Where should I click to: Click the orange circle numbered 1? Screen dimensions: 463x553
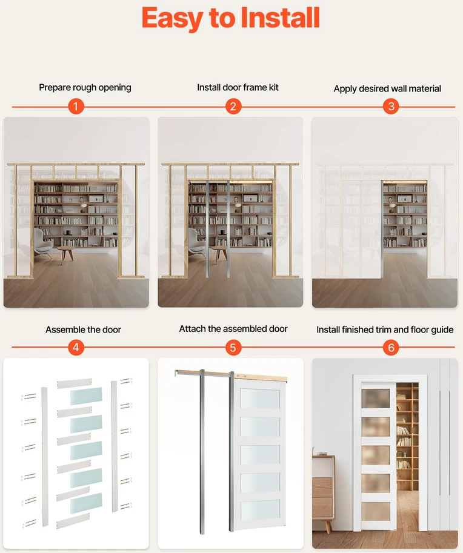coord(76,106)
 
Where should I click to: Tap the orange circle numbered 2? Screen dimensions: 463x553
coord(233,106)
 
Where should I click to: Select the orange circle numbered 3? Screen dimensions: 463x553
coord(391,106)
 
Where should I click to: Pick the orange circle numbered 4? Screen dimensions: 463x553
coord(76,348)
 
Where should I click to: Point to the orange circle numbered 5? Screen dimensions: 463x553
coord(233,348)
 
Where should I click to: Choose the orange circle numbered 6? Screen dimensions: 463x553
coord(391,348)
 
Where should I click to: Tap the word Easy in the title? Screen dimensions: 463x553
coord(173,19)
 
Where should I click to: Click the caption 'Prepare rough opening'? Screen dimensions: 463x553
coord(85,87)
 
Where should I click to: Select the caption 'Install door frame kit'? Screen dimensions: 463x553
coord(238,87)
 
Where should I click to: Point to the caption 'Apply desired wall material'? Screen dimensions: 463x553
coord(387,88)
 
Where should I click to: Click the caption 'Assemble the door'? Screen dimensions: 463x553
coord(83,329)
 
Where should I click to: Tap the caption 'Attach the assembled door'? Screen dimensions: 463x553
coord(233,329)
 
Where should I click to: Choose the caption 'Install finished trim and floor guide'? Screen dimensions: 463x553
coord(385,329)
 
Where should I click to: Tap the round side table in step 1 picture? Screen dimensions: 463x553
coord(65,253)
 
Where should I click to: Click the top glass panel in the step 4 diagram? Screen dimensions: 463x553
coord(86,396)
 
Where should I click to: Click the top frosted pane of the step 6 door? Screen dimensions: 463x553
coord(376,398)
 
